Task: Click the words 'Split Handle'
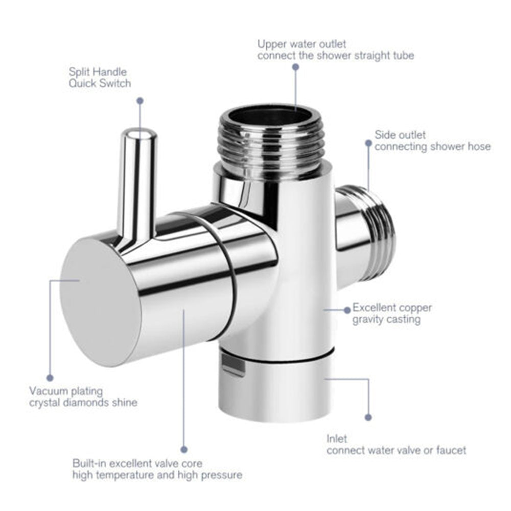pyautogui.click(x=98, y=72)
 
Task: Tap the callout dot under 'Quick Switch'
pyautogui.click(x=140, y=101)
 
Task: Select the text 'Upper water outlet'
pyautogui.click(x=302, y=44)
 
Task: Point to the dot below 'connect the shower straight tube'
pyautogui.click(x=295, y=67)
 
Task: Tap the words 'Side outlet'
pyautogui.click(x=400, y=134)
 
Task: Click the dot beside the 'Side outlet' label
pyautogui.click(x=368, y=143)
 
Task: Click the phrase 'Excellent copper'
pyautogui.click(x=392, y=307)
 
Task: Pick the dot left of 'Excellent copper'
pyautogui.click(x=347, y=310)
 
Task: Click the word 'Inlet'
pyautogui.click(x=337, y=438)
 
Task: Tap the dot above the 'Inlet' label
pyautogui.click(x=368, y=417)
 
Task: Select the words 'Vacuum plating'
pyautogui.click(x=66, y=391)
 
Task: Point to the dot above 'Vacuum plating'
pyautogui.click(x=50, y=378)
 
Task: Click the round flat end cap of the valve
pyautogui.click(x=100, y=302)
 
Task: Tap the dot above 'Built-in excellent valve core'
pyautogui.click(x=184, y=450)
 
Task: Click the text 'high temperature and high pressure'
pyautogui.click(x=157, y=475)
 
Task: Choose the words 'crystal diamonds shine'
pyautogui.click(x=83, y=403)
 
